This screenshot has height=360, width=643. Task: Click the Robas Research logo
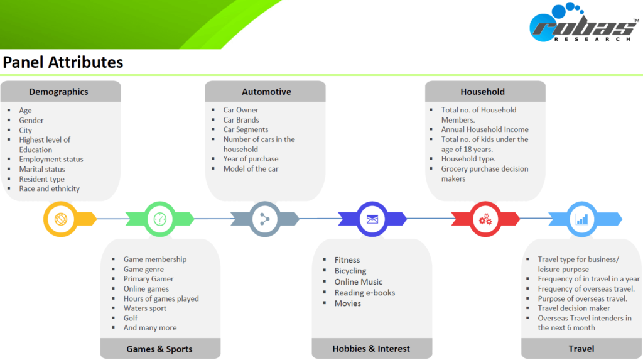[x=583, y=25]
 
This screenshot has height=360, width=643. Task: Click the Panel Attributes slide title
[x=63, y=62]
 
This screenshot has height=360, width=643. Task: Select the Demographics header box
[x=60, y=92]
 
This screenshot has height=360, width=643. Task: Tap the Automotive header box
[x=266, y=92]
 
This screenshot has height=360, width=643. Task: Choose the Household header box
[x=482, y=92]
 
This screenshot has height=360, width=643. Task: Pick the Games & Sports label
[x=159, y=349]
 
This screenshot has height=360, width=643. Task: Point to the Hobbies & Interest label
[x=372, y=349]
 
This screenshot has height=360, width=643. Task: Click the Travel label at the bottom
[x=581, y=349]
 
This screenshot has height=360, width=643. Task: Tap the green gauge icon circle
[x=160, y=219]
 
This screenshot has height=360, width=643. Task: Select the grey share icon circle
[x=265, y=219]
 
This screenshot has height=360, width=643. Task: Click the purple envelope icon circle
[x=372, y=219]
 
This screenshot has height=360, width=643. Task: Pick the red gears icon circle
[x=485, y=219]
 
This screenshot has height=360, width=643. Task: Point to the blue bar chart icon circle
[x=582, y=219]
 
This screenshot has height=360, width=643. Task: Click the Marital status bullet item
[x=42, y=169]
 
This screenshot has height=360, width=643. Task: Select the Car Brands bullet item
[x=241, y=120]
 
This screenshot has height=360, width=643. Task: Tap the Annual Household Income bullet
[x=485, y=129]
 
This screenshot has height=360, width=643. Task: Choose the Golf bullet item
[x=131, y=318]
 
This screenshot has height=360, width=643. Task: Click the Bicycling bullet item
[x=350, y=271]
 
